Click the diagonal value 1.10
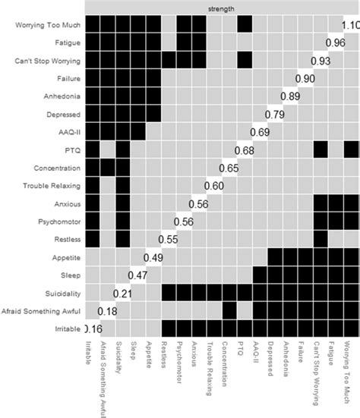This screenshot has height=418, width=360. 350,26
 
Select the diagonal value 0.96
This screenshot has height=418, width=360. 335,42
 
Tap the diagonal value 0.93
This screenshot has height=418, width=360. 320,60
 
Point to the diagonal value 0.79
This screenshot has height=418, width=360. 274,114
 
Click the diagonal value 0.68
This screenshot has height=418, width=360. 244,149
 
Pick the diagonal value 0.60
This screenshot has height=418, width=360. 213,186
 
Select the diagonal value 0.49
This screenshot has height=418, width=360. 153,257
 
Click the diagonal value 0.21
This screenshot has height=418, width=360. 122,294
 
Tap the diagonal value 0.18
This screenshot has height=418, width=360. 107,311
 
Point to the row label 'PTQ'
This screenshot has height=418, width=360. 70,149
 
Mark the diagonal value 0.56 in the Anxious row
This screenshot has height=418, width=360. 198,203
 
